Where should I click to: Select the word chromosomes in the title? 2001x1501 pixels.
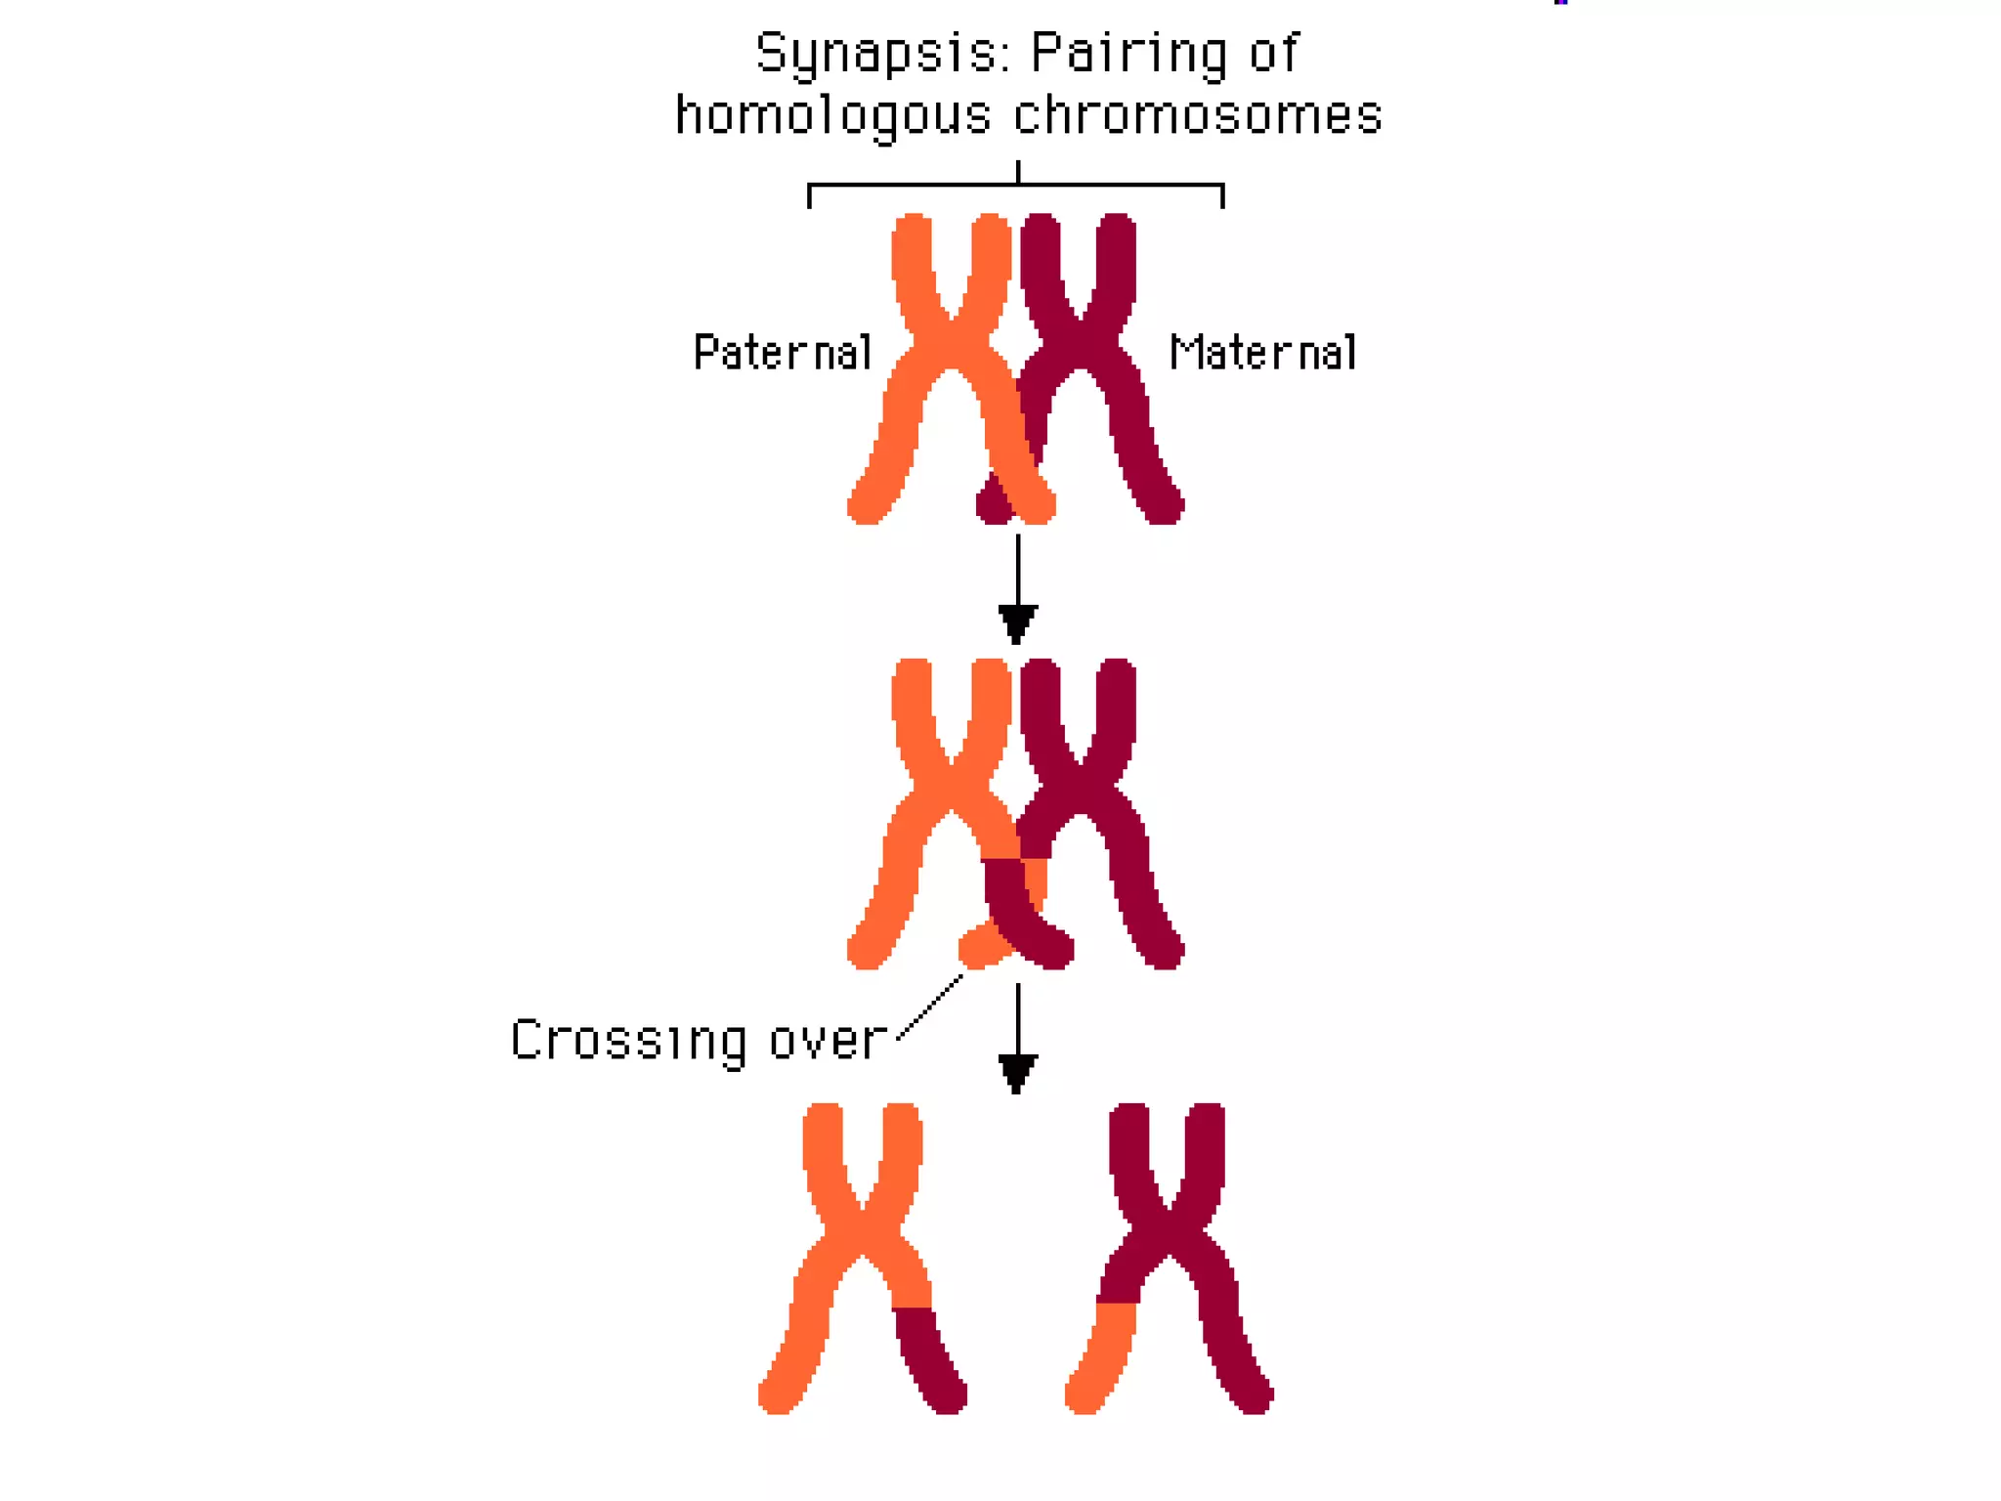coord(1198,115)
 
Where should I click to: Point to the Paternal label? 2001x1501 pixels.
coord(782,353)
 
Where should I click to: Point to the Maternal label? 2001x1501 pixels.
coord(1262,353)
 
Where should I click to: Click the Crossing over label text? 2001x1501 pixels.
coord(699,1041)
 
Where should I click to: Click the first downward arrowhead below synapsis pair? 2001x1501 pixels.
coord(1017,622)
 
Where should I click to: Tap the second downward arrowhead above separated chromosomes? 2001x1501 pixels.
coord(1017,1071)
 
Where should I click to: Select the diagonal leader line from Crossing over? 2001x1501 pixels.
coord(930,1008)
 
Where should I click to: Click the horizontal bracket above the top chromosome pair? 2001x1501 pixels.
coord(1016,185)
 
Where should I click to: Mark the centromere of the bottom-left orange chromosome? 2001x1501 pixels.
coord(863,1235)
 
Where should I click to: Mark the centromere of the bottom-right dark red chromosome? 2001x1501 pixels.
coord(1169,1235)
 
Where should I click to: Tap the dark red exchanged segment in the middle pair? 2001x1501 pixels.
coord(1016,904)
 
